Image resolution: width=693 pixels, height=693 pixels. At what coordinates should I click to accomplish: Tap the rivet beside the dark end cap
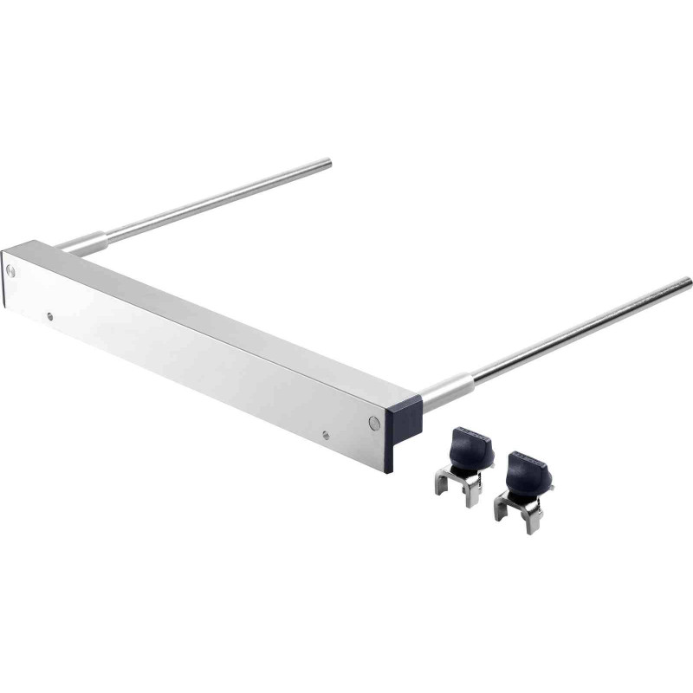click(x=373, y=423)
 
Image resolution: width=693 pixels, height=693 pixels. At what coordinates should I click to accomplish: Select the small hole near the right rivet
click(x=325, y=435)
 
